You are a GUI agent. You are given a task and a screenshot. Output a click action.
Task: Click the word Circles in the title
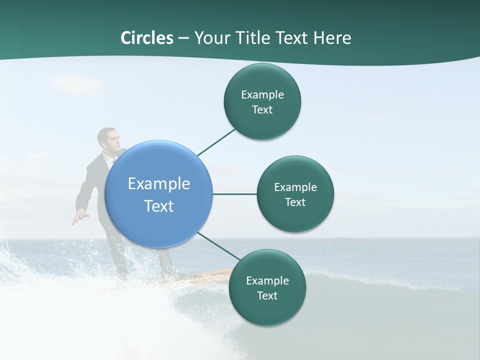tap(147, 38)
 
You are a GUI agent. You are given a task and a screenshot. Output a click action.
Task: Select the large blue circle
tap(158, 194)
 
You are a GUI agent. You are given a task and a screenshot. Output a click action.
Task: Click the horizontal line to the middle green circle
tap(234, 194)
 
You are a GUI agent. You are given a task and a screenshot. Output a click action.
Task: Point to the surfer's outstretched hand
tap(78, 217)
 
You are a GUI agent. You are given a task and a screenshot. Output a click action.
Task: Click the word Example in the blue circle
tap(159, 184)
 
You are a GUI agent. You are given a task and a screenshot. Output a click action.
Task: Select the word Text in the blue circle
tap(159, 206)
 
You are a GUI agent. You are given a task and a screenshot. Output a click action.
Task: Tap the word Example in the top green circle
tap(262, 95)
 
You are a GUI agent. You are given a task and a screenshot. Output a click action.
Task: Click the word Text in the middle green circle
tap(295, 202)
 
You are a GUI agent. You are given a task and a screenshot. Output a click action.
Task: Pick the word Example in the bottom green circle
tap(267, 280)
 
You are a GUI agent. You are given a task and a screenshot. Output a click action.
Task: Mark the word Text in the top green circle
tap(262, 110)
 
